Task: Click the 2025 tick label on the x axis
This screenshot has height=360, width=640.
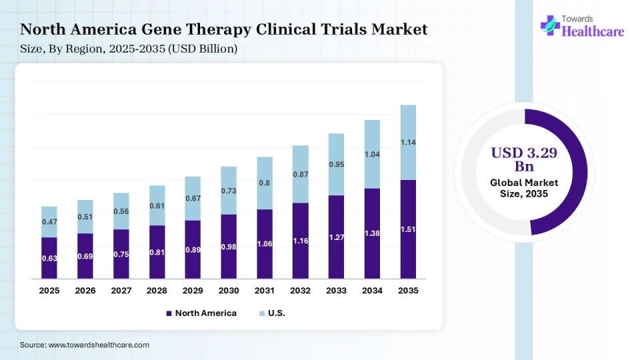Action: tap(49, 291)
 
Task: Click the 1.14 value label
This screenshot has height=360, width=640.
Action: tap(409, 142)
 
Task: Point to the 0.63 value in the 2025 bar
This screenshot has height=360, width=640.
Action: tap(49, 257)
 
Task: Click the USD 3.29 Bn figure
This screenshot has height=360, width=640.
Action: tap(524, 159)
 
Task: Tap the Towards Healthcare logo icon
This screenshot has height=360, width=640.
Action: tap(550, 25)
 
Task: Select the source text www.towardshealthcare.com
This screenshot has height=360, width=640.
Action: tap(99, 345)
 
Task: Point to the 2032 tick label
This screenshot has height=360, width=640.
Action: tap(301, 291)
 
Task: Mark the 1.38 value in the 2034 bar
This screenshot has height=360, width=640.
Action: tap(373, 233)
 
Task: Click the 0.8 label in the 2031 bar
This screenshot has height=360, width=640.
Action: tap(265, 183)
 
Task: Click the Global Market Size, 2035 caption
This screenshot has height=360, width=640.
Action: tap(524, 188)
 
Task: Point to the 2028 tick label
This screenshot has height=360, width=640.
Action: tap(157, 291)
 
